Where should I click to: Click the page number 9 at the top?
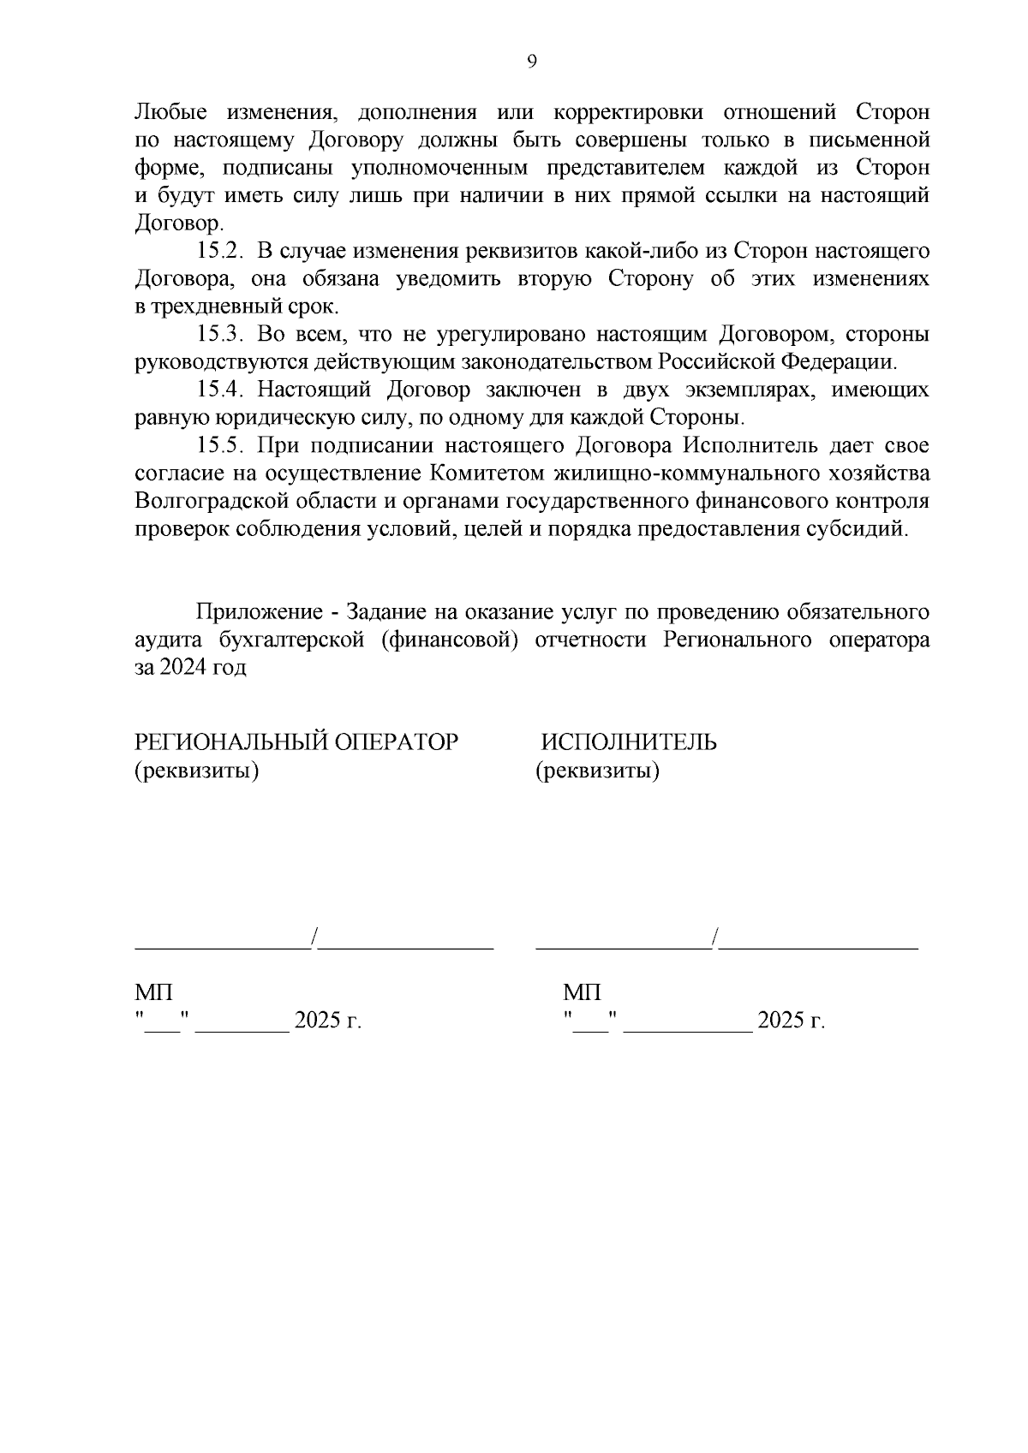click(531, 61)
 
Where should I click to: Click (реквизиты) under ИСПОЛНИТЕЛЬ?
click(598, 771)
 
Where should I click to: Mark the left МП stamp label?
click(154, 993)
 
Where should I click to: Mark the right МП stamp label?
click(583, 993)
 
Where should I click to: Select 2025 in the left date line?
click(316, 1021)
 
